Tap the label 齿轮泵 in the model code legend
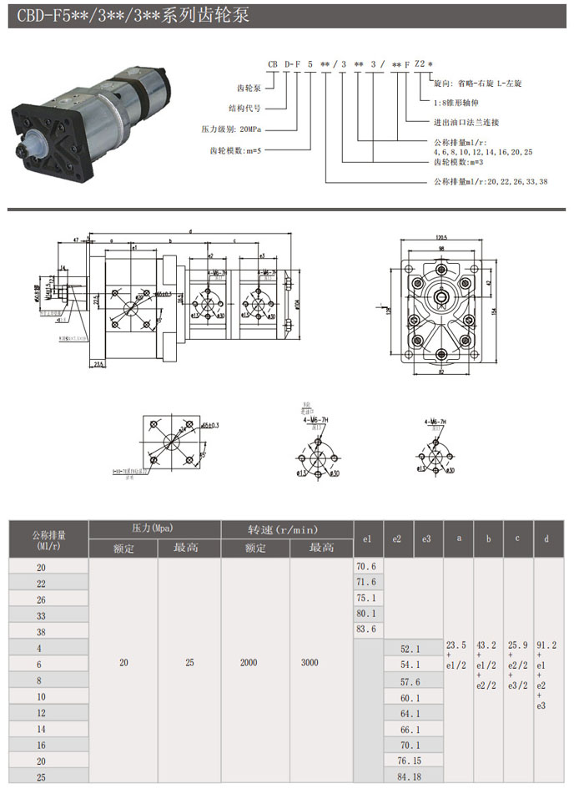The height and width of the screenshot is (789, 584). pyautogui.click(x=251, y=87)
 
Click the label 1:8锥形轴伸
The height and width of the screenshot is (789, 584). pyautogui.click(x=456, y=102)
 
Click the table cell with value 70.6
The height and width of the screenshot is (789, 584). pyautogui.click(x=366, y=567)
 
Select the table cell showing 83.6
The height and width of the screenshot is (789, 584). pyautogui.click(x=366, y=630)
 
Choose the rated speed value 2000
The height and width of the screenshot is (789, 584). pyautogui.click(x=254, y=663)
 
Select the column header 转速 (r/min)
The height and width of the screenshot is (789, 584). pyautogui.click(x=287, y=529)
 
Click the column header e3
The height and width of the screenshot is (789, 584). pyautogui.click(x=426, y=539)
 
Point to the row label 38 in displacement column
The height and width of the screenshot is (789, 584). pyautogui.click(x=42, y=632)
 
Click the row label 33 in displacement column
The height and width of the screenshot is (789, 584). pyautogui.click(x=42, y=616)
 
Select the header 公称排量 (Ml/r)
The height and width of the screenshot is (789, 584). pyautogui.click(x=48, y=539)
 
